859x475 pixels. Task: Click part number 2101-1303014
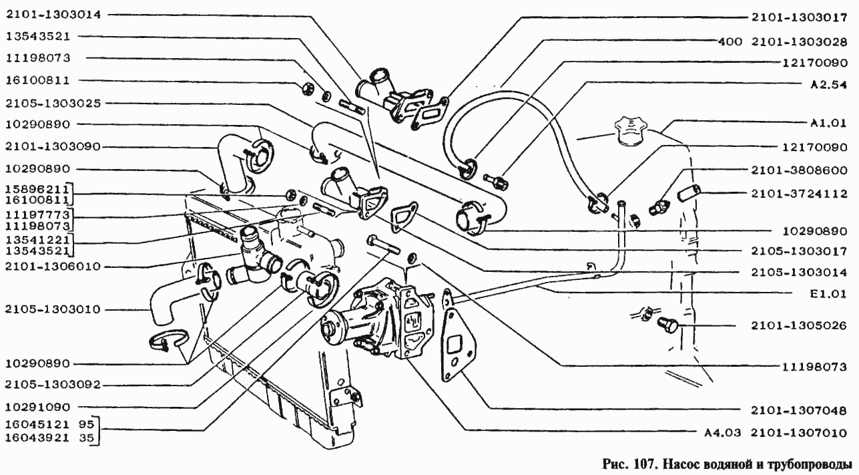pos(53,15)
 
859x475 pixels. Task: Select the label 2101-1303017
pos(799,17)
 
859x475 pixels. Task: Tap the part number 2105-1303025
pos(53,104)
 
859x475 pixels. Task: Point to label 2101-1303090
pos(53,147)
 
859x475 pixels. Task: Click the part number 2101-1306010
pos(53,266)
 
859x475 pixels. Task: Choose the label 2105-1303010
pos(53,309)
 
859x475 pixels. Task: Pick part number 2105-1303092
pos(53,384)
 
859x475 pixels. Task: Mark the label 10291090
pos(38,407)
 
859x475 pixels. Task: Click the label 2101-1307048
pos(799,410)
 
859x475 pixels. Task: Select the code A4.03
pos(722,433)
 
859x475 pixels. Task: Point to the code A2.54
pos(828,84)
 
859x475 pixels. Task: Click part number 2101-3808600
pos(799,170)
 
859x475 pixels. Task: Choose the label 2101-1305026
pos(799,325)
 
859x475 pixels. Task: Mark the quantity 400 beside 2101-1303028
pos(730,41)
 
